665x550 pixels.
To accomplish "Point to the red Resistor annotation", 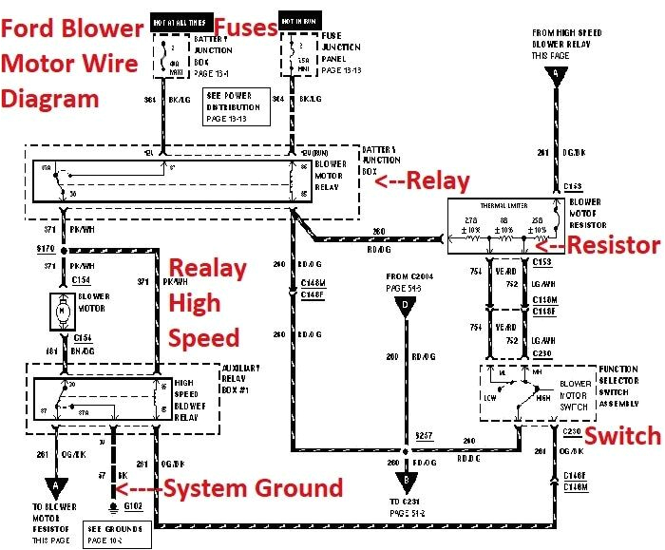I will pyautogui.click(x=610, y=244).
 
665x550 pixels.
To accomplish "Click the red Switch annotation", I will pyautogui.click(x=621, y=435).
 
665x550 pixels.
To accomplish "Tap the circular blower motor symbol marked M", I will pyautogui.click(x=63, y=310).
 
